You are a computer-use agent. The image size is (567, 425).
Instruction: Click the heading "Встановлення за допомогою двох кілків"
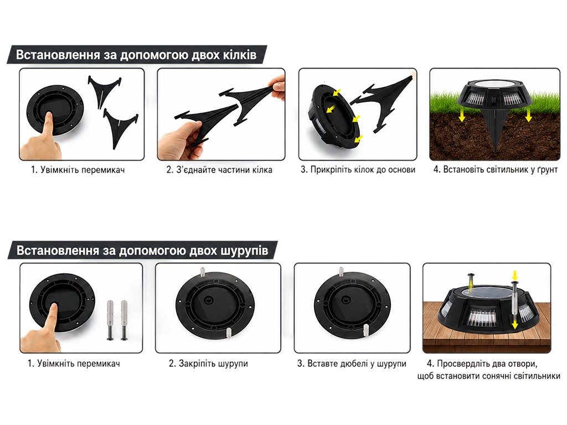136,55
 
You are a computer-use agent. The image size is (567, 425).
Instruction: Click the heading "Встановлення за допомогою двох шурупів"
142,251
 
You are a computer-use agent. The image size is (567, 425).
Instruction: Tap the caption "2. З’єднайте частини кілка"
219,170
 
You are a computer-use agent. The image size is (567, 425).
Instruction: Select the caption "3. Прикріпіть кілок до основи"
358,169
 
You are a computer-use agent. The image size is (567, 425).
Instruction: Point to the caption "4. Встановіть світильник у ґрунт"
496,169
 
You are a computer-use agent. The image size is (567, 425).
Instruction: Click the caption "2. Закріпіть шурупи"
208,364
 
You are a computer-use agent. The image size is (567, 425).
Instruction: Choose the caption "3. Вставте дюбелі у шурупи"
352,364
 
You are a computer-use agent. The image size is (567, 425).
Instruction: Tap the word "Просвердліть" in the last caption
461,364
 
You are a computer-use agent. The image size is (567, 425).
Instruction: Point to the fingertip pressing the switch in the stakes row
48,115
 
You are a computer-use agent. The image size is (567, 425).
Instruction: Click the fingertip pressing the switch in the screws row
54,307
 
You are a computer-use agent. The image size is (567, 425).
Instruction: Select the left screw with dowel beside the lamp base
111,320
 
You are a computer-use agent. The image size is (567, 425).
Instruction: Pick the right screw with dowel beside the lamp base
124,320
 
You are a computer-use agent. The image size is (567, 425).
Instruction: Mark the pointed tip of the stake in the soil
496,152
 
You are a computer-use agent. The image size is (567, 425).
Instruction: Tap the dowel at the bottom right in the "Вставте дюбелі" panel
365,329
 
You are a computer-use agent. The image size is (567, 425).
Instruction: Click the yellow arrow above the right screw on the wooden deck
515,275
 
